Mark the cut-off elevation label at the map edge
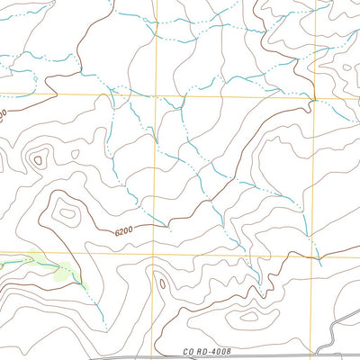click(4, 115)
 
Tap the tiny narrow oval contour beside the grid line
click(163, 284)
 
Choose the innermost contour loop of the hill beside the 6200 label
click(67, 214)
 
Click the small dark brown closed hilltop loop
click(37, 161)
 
